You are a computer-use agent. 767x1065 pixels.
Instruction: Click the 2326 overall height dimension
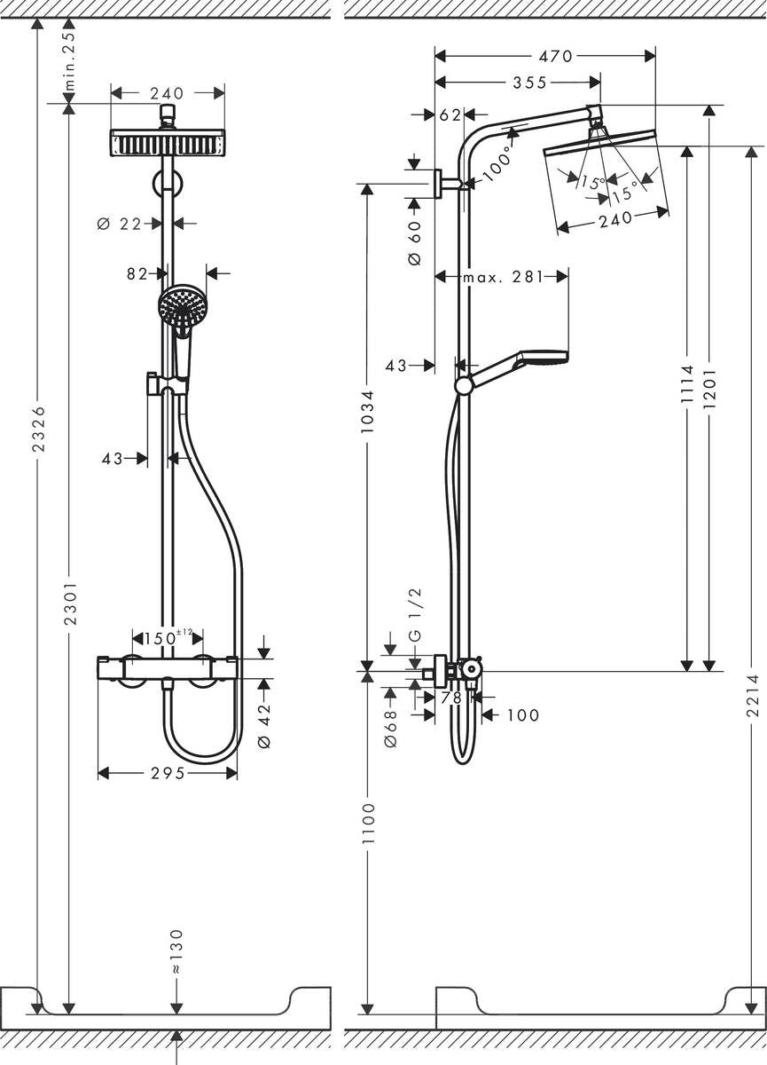coord(37,430)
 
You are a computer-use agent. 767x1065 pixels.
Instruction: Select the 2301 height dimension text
coord(71,604)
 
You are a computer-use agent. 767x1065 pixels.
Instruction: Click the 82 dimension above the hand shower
coord(137,274)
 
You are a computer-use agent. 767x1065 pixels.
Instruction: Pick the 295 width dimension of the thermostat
coord(167,774)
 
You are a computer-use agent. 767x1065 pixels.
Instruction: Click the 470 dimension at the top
coord(556,56)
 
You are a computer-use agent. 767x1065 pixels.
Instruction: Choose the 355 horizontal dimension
coord(528,83)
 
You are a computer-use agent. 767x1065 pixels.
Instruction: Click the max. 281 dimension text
coord(502,277)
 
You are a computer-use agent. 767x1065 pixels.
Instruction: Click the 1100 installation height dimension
coord(368,823)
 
